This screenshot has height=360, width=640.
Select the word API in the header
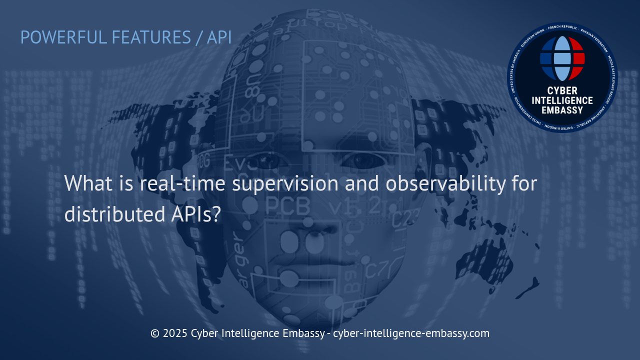pyautogui.click(x=219, y=37)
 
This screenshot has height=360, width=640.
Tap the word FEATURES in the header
pyautogui.click(x=150, y=37)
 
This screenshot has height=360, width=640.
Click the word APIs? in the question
pyautogui.click(x=193, y=214)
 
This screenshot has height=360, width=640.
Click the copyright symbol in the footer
pyautogui.click(x=155, y=333)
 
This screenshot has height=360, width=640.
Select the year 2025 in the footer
pyautogui.click(x=175, y=333)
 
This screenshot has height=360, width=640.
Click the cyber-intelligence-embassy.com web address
pyautogui.click(x=411, y=333)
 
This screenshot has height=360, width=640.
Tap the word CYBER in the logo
pyautogui.click(x=562, y=91)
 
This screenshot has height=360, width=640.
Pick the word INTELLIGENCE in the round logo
pyautogui.click(x=562, y=100)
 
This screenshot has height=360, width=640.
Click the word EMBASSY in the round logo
pyautogui.click(x=562, y=110)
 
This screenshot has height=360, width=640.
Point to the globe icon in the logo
pyautogui.click(x=562, y=58)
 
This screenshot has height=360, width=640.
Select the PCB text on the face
pyautogui.click(x=287, y=205)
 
